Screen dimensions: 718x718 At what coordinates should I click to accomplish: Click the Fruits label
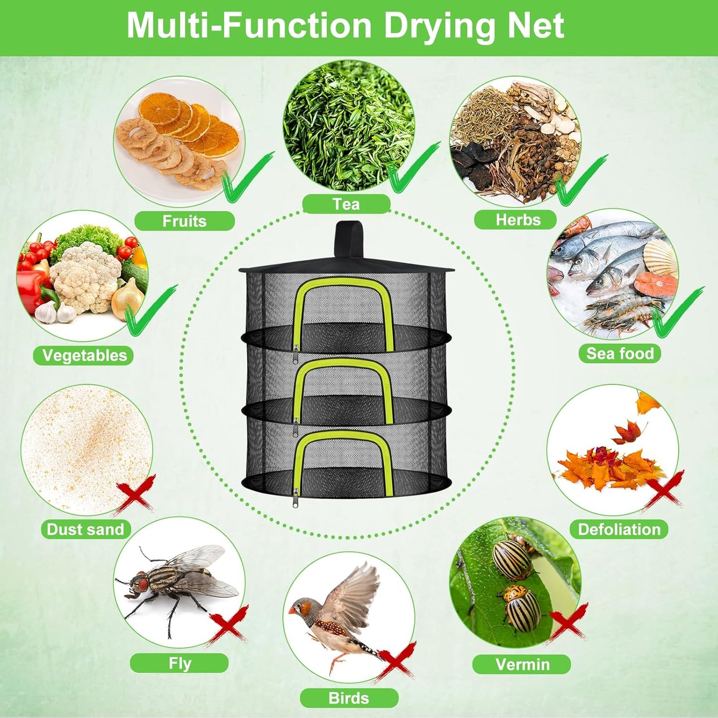coord(184,221)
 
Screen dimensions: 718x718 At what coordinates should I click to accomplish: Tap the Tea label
coord(346,204)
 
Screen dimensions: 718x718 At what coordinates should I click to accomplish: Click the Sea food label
coord(620,353)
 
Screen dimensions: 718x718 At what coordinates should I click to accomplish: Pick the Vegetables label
coord(84,355)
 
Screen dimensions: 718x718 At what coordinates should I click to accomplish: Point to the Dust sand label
coord(85,529)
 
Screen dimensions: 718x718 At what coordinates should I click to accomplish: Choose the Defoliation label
coord(619,529)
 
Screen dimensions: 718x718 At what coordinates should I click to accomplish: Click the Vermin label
coord(522,664)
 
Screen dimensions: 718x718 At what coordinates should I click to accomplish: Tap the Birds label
coord(349,698)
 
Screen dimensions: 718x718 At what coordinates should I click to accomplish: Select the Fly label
coord(179,663)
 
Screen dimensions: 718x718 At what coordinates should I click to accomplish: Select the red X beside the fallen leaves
coord(664,489)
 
